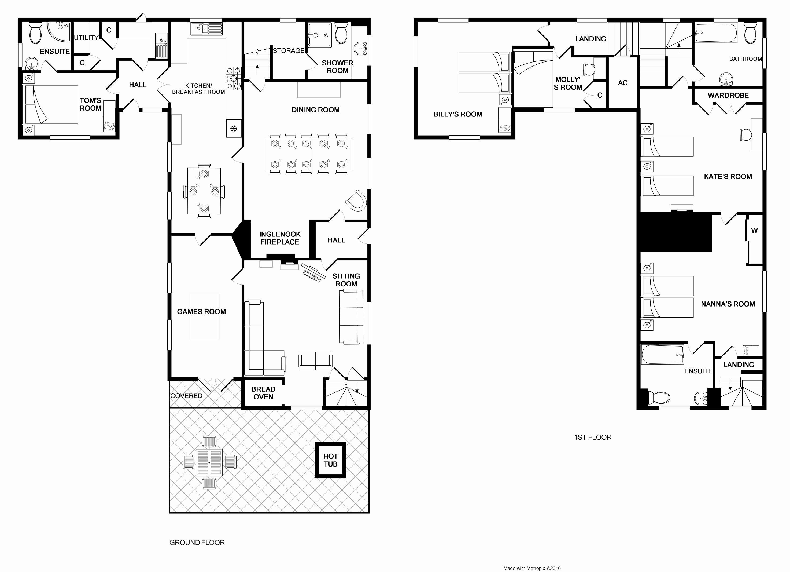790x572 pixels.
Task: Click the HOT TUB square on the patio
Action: click(330, 460)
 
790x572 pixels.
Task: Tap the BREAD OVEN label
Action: click(263, 393)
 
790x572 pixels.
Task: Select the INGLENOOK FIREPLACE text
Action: click(279, 238)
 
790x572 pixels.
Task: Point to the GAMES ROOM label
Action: click(201, 312)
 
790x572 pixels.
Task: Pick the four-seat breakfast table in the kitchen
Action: click(204, 191)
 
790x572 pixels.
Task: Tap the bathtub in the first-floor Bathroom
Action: click(716, 33)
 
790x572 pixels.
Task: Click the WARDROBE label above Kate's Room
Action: click(728, 96)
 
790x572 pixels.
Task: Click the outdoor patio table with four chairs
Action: click(209, 462)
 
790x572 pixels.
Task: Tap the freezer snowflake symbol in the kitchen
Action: click(233, 128)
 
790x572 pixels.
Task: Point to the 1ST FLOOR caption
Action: click(593, 437)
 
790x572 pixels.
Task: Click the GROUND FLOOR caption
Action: click(197, 542)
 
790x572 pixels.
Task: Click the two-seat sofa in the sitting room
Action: click(315, 360)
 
